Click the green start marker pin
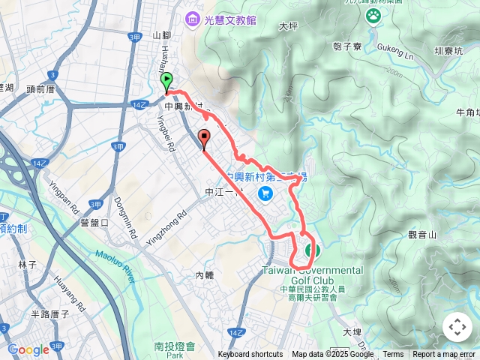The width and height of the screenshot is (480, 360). (166, 82)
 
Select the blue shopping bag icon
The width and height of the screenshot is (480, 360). (264, 194)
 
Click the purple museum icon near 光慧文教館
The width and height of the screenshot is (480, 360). (193, 19)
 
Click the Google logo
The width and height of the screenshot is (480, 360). (28, 349)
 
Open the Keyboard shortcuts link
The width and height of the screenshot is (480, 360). (250, 355)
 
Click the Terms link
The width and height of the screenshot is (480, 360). (393, 355)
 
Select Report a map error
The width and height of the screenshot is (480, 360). (445, 355)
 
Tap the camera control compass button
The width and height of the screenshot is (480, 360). (457, 327)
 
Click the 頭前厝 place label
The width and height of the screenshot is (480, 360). (41, 88)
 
